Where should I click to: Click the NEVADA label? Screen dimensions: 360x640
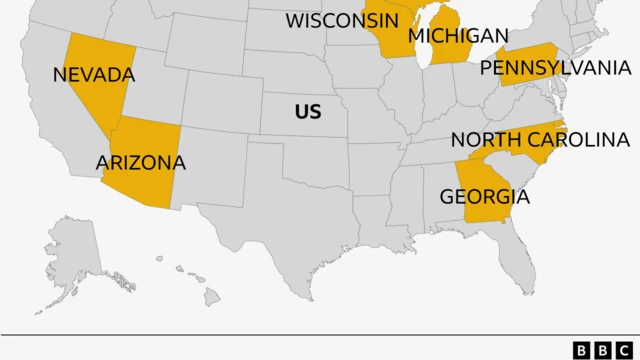pos(94,74)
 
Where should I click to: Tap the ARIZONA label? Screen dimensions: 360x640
pos(140,162)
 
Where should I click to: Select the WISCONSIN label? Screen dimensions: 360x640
pos(335,20)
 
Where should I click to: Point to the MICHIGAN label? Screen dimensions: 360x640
pos(458,36)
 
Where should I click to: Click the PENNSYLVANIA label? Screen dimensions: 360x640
pos(555,67)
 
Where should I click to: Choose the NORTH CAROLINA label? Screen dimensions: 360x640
pos(539,140)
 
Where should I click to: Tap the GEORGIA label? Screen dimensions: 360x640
pos(484,196)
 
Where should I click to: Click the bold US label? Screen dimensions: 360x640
pos(308,112)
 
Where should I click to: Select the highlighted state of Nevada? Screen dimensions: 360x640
pos(95,100)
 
